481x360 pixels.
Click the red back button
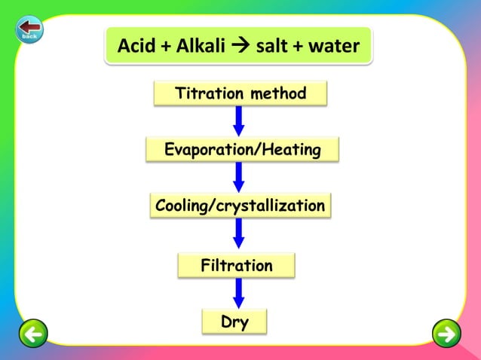29,29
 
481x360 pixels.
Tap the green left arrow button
32,333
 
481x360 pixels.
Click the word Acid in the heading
136,47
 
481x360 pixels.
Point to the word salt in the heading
275,47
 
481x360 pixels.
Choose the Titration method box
240,94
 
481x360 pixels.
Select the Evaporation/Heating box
242,150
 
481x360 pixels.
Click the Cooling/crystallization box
240,206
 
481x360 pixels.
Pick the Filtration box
237,265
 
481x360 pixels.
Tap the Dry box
234,322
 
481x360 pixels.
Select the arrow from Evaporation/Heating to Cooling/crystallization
239,177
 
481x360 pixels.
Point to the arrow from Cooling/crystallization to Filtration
239,233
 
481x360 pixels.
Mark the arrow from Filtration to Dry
239,293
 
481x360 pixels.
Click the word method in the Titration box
278,94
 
